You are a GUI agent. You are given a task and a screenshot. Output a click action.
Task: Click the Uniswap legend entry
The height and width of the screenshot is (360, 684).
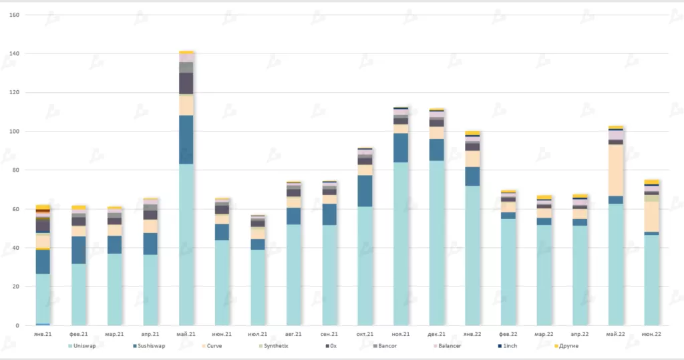(x=84, y=346)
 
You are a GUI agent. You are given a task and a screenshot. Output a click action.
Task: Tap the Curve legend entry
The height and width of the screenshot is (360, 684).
(x=214, y=346)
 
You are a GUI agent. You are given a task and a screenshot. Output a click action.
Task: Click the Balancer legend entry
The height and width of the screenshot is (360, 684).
(x=447, y=346)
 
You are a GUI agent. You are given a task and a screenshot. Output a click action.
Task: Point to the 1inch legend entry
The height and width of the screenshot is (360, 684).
(x=509, y=346)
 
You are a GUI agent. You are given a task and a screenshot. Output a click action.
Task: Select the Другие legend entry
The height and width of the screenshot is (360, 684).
(x=568, y=346)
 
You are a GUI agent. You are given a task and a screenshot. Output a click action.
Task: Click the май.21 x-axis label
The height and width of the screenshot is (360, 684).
(x=186, y=333)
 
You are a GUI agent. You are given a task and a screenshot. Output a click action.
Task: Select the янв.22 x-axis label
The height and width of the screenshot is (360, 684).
(x=473, y=333)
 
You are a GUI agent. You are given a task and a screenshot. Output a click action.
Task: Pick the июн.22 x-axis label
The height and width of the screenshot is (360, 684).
(x=652, y=333)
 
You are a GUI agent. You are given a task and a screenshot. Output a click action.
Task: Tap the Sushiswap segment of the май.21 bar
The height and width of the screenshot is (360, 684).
(x=186, y=140)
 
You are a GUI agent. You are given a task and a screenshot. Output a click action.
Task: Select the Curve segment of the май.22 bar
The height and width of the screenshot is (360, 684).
(x=616, y=170)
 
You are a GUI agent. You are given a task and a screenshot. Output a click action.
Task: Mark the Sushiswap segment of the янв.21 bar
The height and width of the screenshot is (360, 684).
(x=43, y=261)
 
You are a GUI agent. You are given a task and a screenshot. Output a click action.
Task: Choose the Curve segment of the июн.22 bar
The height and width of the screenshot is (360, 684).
(x=652, y=216)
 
